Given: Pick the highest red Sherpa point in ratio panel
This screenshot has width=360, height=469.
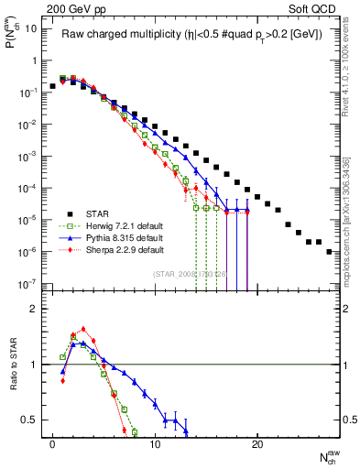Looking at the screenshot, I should pyautogui.click(x=83, y=329).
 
